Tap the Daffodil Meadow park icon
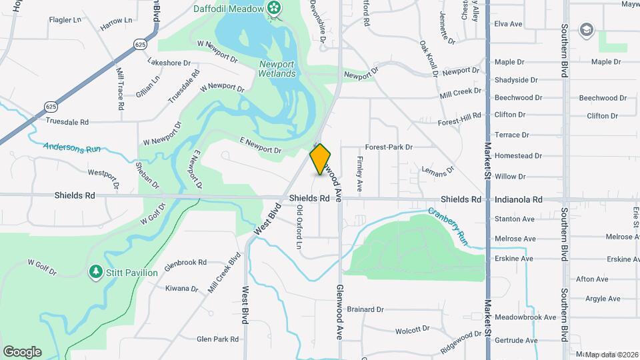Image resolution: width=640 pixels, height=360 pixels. coord(273,8)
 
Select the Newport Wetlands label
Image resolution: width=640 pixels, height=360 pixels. coord(277,69)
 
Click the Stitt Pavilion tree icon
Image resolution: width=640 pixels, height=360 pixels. coord(96,272)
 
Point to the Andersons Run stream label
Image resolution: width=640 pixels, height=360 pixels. coord(72,147)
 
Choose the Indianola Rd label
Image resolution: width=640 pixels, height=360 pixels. coord(518,199)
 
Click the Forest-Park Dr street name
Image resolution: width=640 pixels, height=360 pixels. coord(389,147)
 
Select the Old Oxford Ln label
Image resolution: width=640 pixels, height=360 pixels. coord(300,227)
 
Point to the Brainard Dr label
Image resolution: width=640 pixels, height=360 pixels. coord(365,309)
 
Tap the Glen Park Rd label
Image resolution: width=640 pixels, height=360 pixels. coord(217,339)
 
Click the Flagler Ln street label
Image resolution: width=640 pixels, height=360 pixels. coord(64,20)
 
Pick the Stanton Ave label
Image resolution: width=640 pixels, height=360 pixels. coord(514,219)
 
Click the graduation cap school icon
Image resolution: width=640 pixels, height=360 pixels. coord(586,29)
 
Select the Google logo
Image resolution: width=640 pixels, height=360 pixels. coord(22,351)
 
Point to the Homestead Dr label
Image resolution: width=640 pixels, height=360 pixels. coord(518,156)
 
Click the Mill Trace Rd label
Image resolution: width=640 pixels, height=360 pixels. coord(121,88)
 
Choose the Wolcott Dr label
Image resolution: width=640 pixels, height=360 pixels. coord(413,329)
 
